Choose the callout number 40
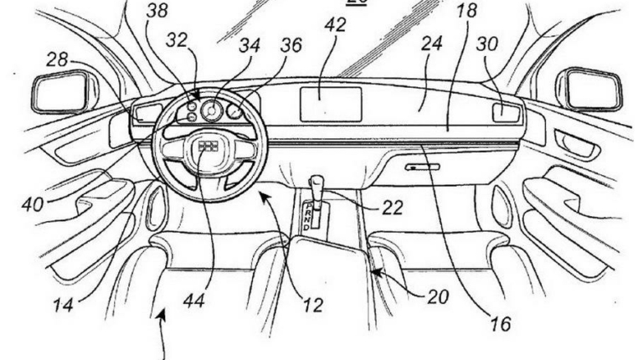[x=33, y=203]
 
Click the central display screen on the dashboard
[x=331, y=104]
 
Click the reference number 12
[x=312, y=306]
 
